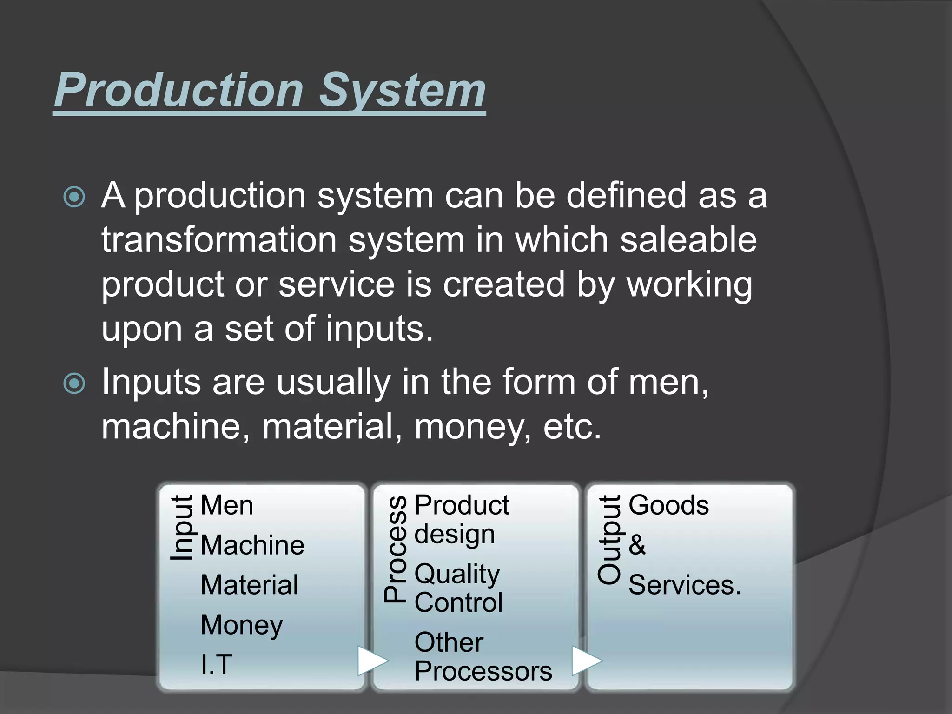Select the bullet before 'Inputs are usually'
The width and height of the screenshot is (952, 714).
[74, 384]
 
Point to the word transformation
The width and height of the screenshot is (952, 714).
[219, 240]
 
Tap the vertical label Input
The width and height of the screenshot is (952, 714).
[182, 528]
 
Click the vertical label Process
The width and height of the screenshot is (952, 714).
[396, 549]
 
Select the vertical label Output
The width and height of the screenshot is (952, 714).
[609, 539]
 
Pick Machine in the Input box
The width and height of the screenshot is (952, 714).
[252, 545]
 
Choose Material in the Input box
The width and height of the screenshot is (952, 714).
[249, 585]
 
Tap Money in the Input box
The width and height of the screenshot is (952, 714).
[242, 625]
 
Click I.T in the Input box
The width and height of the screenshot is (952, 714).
[216, 664]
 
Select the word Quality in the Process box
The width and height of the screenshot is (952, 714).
[457, 574]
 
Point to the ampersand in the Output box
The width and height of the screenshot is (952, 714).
[637, 545]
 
